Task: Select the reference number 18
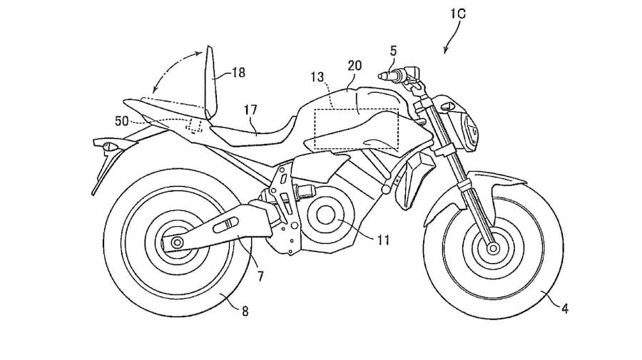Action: (x=238, y=72)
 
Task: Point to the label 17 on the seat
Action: (x=249, y=110)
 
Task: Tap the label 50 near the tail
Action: (x=121, y=121)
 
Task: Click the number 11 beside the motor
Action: (x=382, y=240)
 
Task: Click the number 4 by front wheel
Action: (x=565, y=309)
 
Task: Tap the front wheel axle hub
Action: (x=491, y=249)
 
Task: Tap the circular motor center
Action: (x=329, y=215)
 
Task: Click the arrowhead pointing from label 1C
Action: (x=446, y=53)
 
